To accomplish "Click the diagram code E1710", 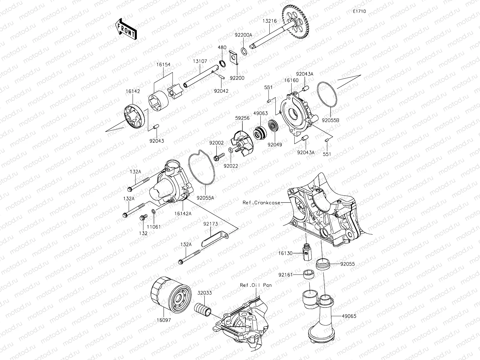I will (x=359, y=11).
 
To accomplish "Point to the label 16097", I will (x=163, y=320).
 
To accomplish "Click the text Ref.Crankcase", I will (x=261, y=202).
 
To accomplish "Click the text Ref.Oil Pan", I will (x=256, y=285).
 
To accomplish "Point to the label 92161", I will (x=285, y=274).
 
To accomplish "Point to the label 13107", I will (x=200, y=61).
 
